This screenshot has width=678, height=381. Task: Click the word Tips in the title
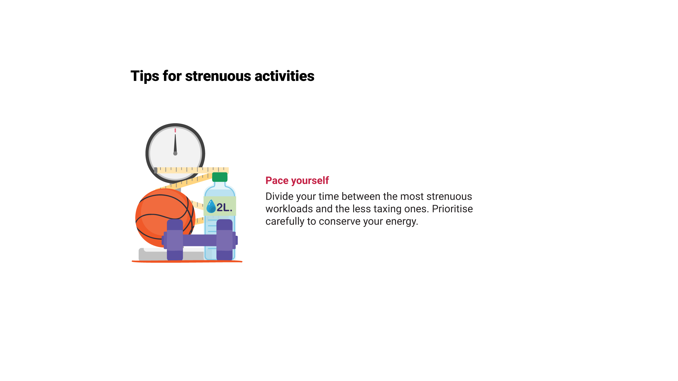tap(145, 76)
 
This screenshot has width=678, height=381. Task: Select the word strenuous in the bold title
tap(218, 76)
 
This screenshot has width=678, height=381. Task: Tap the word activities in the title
tap(284, 76)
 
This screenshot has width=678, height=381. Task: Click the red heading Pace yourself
tap(297, 180)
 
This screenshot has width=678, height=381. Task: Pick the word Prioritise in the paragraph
tap(452, 209)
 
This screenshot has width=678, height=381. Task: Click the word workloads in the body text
tap(289, 209)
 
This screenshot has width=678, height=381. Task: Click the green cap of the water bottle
tap(220, 177)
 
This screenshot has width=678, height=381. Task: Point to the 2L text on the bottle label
tap(224, 207)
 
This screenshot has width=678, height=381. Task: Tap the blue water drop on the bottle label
tap(211, 206)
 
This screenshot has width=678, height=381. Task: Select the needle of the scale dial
tap(175, 144)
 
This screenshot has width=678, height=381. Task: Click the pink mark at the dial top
tap(175, 130)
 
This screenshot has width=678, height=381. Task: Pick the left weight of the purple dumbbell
tap(175, 240)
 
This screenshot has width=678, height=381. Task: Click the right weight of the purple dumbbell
tap(225, 240)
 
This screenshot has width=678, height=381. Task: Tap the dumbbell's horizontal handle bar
tap(200, 240)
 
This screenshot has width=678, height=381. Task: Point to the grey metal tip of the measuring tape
tap(156, 170)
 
